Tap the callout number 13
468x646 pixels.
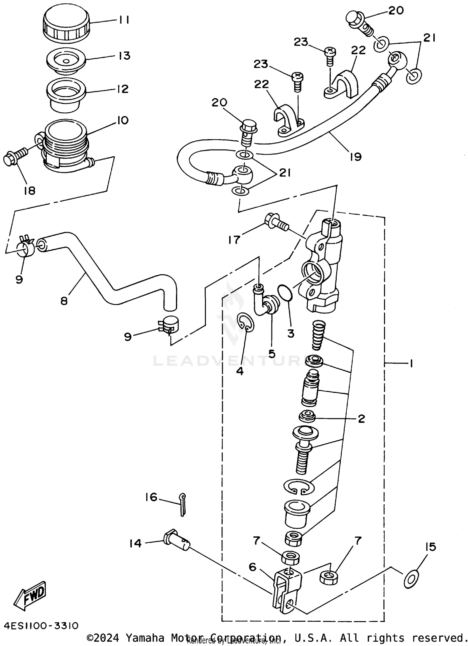click(124, 56)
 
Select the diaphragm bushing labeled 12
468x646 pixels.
click(66, 94)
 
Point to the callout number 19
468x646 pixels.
click(355, 156)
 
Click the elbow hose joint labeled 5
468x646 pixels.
click(268, 306)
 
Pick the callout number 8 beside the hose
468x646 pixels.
click(64, 301)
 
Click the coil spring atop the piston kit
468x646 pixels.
click(319, 337)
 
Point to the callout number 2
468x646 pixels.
click(361, 418)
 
